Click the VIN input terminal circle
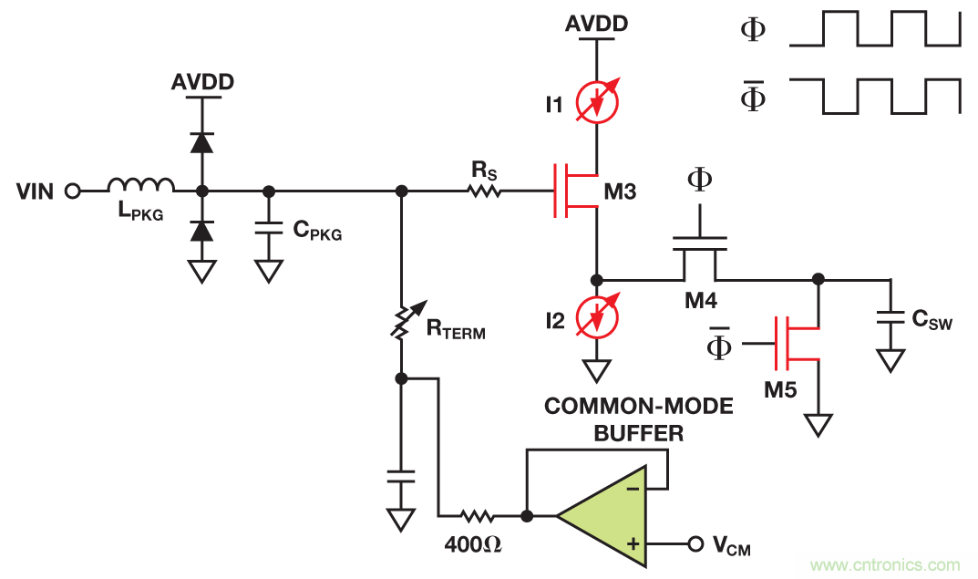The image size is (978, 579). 73,191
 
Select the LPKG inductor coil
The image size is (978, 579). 140,185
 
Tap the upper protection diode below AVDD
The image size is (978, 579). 201,142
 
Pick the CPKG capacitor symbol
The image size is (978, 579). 268,230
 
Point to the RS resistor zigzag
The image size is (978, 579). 484,191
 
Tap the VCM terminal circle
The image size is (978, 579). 695,544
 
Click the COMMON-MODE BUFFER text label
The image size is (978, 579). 638,419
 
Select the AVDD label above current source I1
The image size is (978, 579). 596,24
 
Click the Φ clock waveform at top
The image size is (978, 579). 875,29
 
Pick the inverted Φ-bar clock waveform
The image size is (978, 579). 875,96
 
